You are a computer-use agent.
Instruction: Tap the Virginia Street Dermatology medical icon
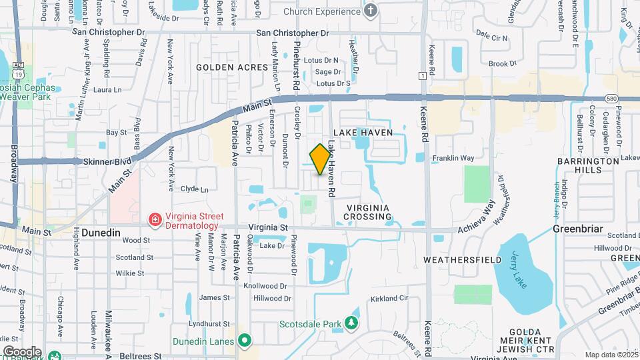154,219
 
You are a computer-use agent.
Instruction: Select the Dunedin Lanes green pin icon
245,341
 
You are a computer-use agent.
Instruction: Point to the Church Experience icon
371,11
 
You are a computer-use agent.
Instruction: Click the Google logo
22,351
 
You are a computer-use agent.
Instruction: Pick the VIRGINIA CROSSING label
367,213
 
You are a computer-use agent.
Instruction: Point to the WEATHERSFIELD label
457,258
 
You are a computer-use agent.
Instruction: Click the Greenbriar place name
577,229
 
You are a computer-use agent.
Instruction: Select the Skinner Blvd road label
107,161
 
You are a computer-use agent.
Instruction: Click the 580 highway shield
611,98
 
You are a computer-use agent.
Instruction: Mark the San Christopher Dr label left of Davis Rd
108,31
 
